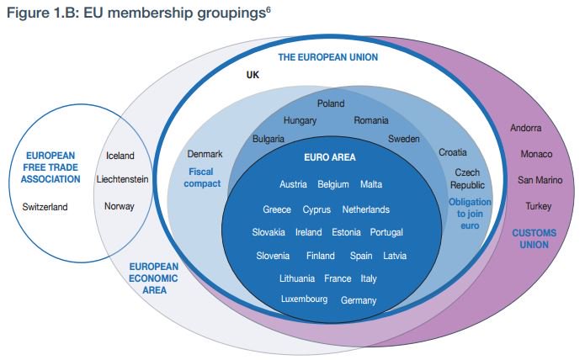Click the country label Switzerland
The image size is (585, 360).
click(x=45, y=206)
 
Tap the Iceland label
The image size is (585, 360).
click(x=120, y=156)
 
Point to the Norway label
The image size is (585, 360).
click(x=120, y=206)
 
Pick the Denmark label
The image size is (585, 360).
click(x=205, y=154)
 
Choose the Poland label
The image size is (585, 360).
click(x=331, y=103)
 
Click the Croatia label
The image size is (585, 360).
click(x=453, y=152)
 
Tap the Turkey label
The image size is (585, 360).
click(x=538, y=206)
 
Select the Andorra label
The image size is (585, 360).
click(x=526, y=129)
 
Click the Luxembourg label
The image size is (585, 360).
click(x=306, y=299)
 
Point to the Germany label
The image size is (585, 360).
click(x=359, y=300)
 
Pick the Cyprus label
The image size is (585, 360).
click(x=316, y=209)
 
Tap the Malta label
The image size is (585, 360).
click(x=371, y=184)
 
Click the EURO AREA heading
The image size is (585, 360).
click(x=329, y=157)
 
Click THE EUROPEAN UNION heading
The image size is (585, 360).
click(x=327, y=57)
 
